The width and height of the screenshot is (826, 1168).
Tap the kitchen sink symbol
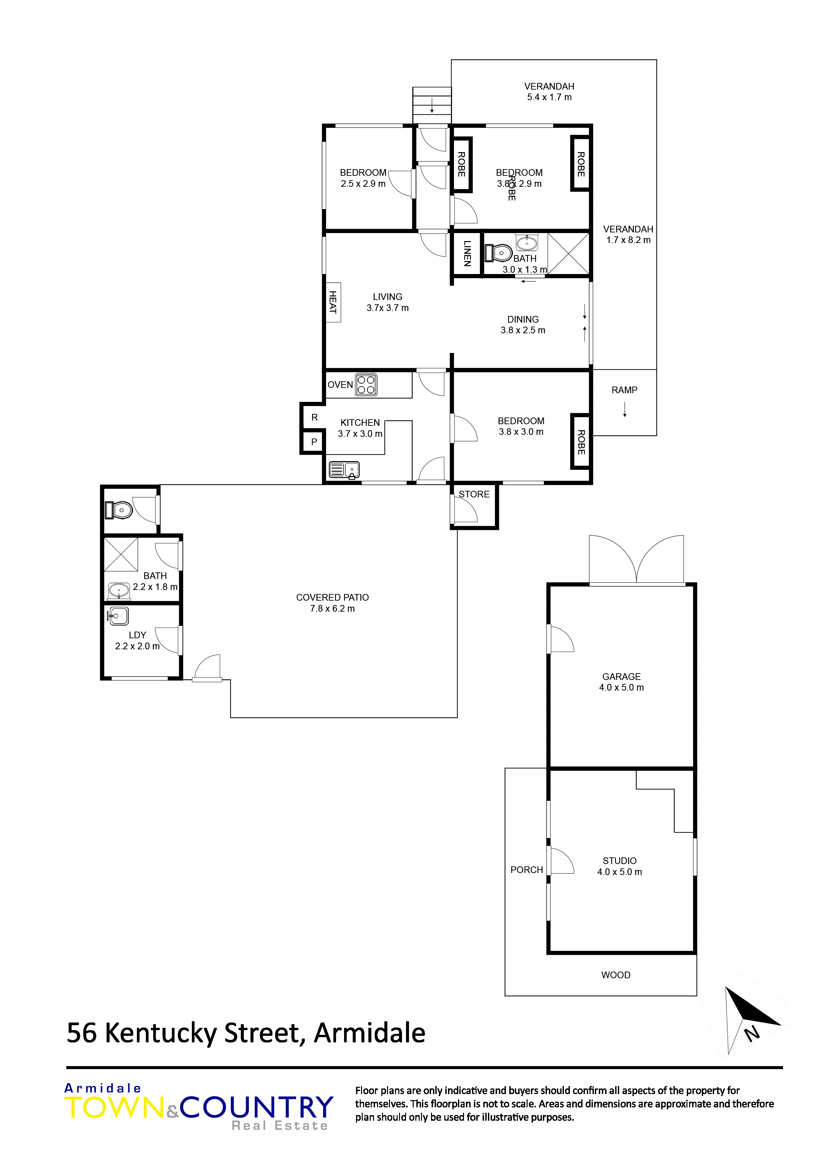pyautogui.click(x=344, y=469)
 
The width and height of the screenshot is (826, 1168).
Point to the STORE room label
pyautogui.click(x=474, y=494)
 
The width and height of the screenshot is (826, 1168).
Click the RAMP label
pyautogui.click(x=624, y=390)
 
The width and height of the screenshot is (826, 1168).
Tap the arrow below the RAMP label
pyautogui.click(x=624, y=410)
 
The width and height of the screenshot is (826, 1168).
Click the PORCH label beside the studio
pyautogui.click(x=527, y=870)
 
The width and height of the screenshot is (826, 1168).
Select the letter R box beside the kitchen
pyautogui.click(x=314, y=417)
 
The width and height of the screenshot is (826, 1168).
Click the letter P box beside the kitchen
pyautogui.click(x=314, y=441)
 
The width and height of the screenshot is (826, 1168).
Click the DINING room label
pyautogui.click(x=523, y=320)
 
